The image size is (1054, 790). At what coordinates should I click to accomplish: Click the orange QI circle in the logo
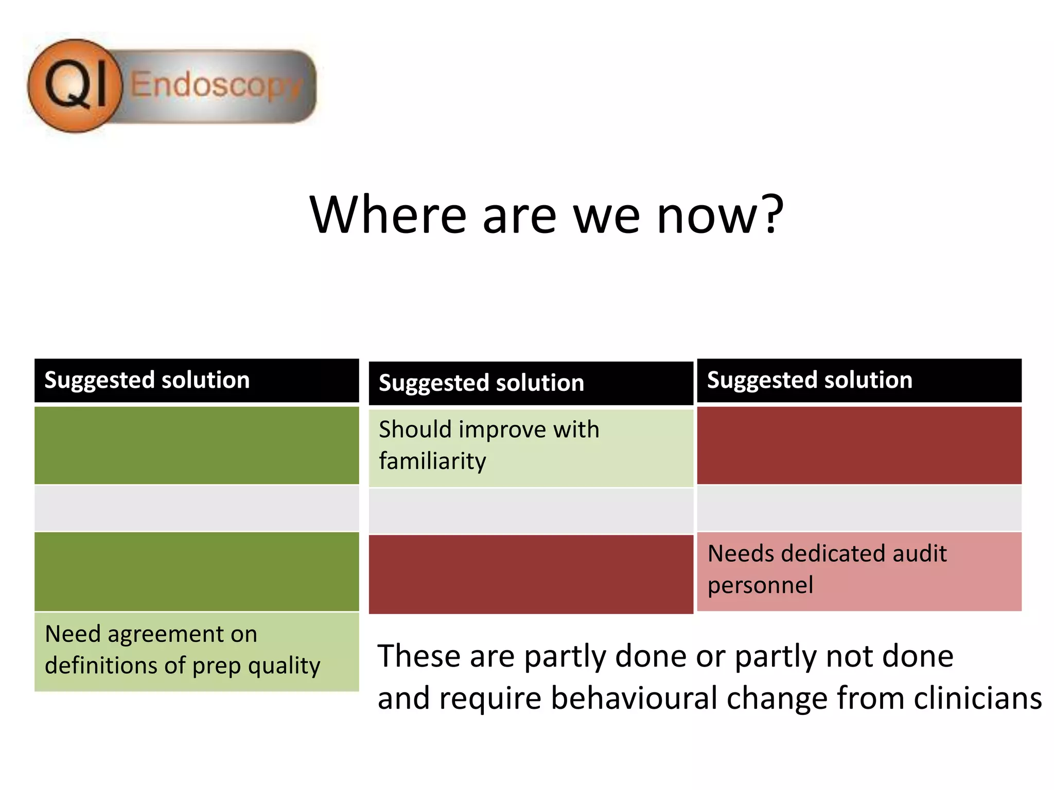coord(75,85)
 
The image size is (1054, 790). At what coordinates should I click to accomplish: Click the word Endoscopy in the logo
coord(216,85)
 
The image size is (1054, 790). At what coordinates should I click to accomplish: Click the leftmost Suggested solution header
coord(147,380)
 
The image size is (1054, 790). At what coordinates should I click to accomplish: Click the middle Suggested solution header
coord(481,383)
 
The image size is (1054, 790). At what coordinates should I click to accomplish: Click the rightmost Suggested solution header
coord(809,380)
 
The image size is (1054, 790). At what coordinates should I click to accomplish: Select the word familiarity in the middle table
coord(432,461)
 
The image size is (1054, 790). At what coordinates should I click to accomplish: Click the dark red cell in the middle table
coord(531,574)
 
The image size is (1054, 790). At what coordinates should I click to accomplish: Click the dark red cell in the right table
coord(858,445)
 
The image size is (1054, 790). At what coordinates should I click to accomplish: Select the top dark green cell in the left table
coord(196,445)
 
